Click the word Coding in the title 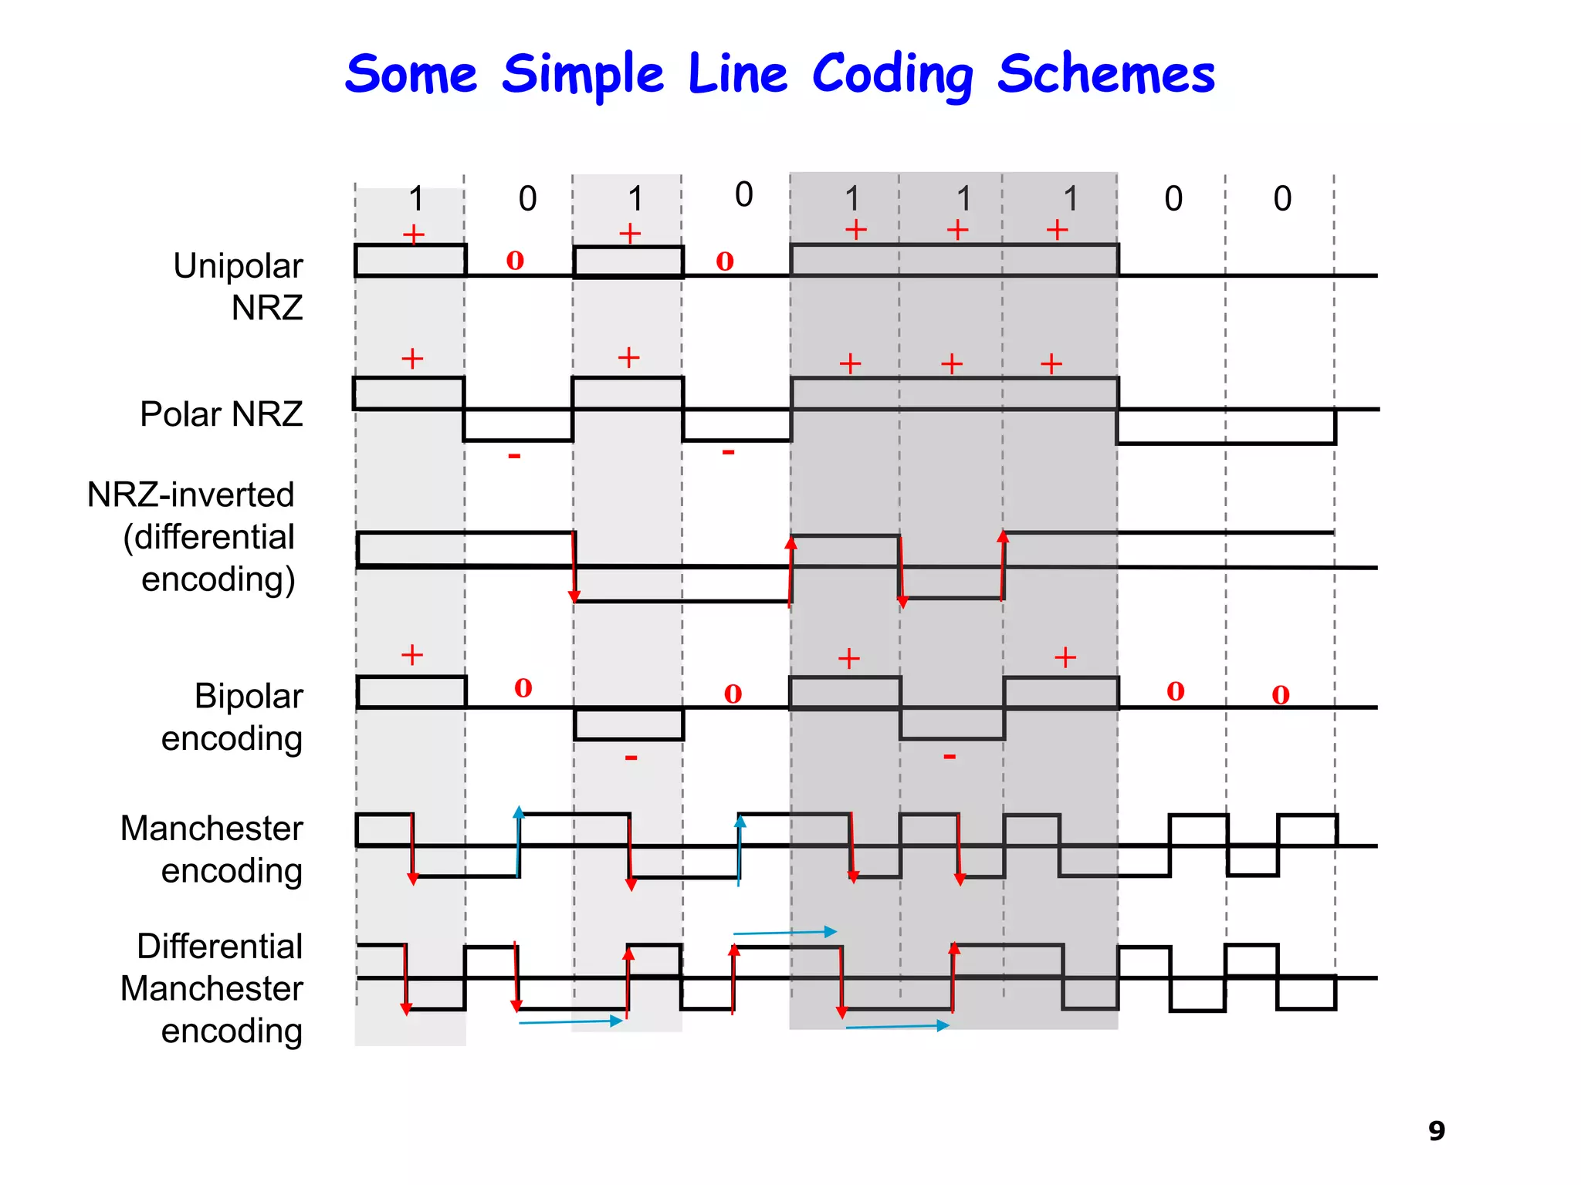[x=892, y=76]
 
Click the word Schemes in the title [x=1105, y=76]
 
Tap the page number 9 [x=1436, y=1130]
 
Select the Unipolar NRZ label [x=238, y=286]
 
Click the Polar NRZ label [x=221, y=414]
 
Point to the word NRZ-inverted [x=191, y=495]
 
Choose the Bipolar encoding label [x=232, y=717]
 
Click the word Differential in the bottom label [x=219, y=946]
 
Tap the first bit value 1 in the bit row [x=416, y=199]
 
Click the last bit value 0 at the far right [x=1282, y=199]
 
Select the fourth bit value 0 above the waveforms [x=743, y=194]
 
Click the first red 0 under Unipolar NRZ [x=515, y=261]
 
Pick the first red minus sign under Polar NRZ [x=514, y=456]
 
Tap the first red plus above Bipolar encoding [x=412, y=655]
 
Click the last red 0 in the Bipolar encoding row [x=1281, y=695]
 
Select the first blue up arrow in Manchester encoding [x=519, y=841]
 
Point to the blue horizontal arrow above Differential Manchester [x=784, y=933]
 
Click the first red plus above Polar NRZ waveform [x=412, y=358]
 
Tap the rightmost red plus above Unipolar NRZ [x=1057, y=230]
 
